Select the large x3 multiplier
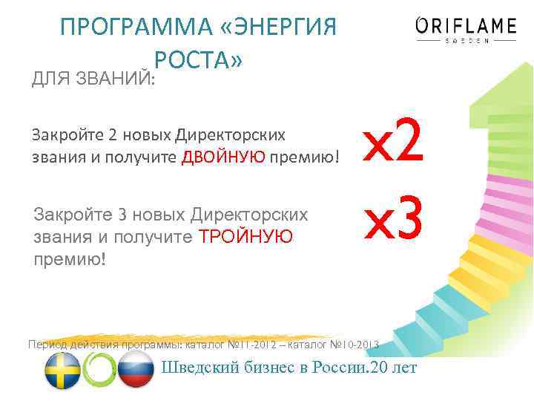coord(392,220)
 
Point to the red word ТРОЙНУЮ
coord(248,236)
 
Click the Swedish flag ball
coord(62,369)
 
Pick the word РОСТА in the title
coord(198,60)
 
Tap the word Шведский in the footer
coord(198,368)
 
